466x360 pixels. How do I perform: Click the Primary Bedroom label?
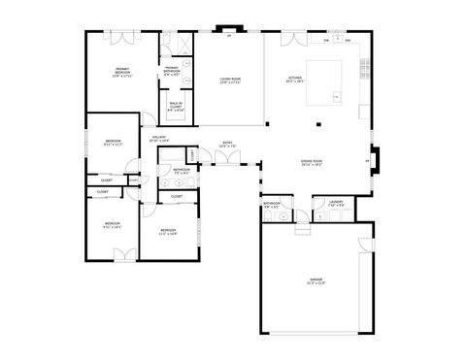coord(122,71)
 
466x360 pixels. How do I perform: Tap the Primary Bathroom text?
coord(171,69)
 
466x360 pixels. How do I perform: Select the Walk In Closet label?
coord(176,108)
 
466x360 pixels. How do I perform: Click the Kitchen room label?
coord(295,79)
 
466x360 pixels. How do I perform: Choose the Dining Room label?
coord(312,162)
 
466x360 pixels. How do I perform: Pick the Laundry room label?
coord(335,204)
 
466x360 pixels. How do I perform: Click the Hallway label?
coord(159,139)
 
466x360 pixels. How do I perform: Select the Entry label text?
coord(227,145)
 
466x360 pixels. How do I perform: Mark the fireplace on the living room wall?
coord(229,30)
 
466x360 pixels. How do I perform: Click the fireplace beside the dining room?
coord(377,158)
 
